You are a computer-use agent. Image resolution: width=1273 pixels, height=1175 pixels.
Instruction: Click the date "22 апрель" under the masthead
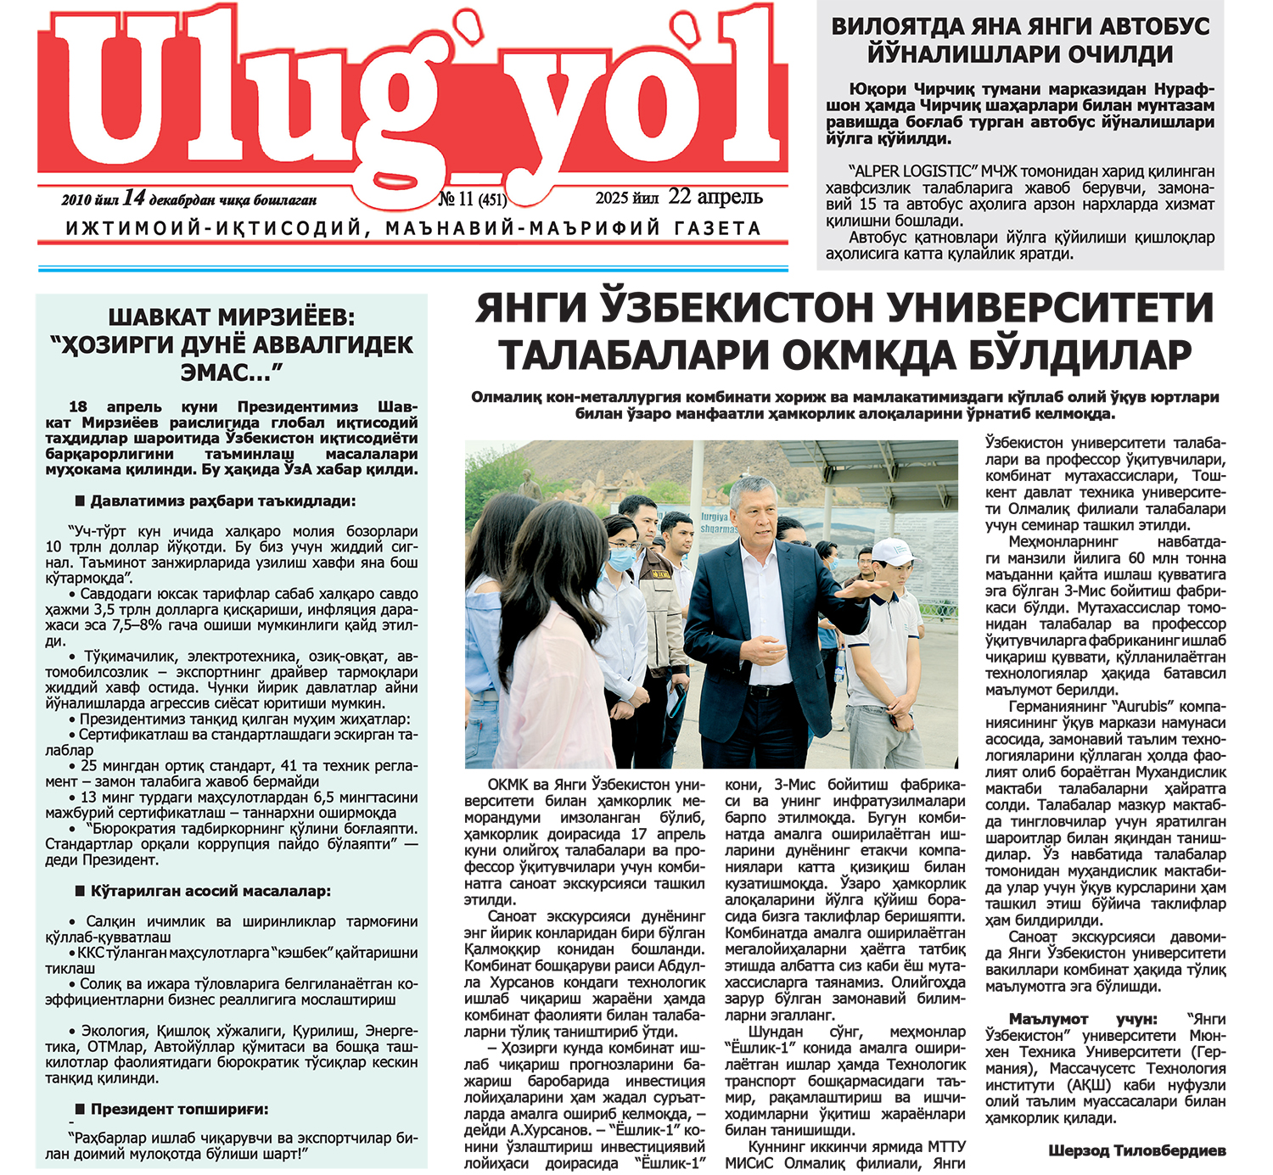pos(715,197)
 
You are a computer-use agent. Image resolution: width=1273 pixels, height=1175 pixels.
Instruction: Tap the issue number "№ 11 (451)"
pos(472,199)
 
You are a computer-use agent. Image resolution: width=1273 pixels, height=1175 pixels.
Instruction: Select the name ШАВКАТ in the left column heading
pos(162,317)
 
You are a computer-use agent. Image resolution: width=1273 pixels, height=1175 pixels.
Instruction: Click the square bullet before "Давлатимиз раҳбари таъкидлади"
pos(81,501)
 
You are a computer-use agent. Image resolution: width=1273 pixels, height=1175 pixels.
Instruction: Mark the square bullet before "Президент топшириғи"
pos(81,1110)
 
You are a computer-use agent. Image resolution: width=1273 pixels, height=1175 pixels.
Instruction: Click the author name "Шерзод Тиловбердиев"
pos(1136,1151)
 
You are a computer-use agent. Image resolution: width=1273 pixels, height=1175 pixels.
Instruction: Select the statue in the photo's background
pos(530,484)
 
